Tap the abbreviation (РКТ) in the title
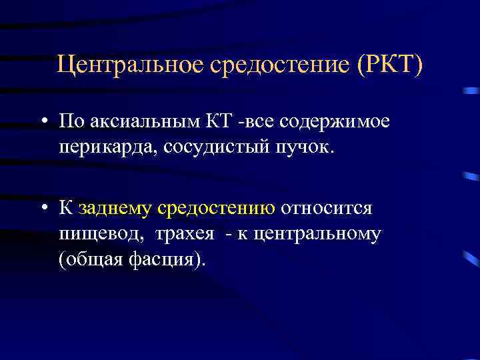[x=390, y=65]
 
